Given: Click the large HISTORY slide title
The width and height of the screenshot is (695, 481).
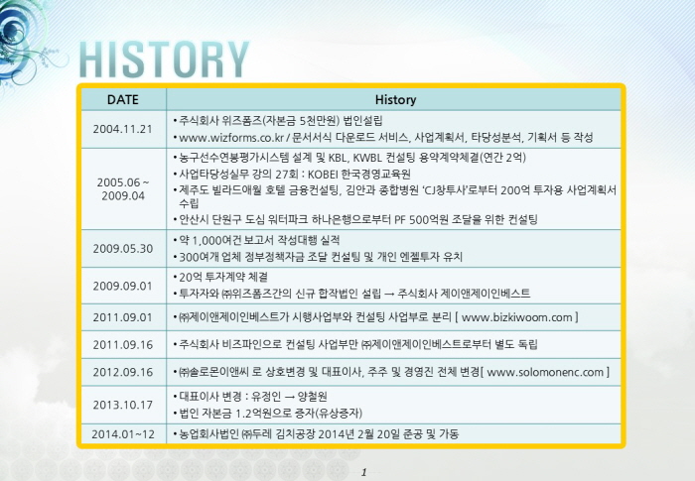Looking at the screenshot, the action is [164, 60].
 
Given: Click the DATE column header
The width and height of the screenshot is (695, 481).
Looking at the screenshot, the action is [123, 99].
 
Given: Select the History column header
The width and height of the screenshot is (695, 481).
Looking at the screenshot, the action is [395, 99].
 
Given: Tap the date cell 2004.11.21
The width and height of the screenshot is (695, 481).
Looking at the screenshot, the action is [122, 129].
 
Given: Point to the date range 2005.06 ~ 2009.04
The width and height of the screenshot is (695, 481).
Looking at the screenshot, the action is [123, 189].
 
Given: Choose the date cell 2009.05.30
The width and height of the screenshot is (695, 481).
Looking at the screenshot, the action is [123, 249].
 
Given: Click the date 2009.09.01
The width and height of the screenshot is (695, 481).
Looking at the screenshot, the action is [122, 286].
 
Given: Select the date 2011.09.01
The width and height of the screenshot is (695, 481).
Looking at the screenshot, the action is [122, 317].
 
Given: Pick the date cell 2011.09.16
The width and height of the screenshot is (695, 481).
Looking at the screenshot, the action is [123, 344].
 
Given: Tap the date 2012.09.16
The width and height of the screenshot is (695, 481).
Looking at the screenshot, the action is [123, 372].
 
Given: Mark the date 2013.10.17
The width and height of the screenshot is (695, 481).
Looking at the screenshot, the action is [123, 405].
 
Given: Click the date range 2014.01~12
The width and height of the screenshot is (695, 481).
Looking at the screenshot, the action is [123, 434].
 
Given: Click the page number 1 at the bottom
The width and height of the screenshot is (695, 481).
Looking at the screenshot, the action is [364, 473].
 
